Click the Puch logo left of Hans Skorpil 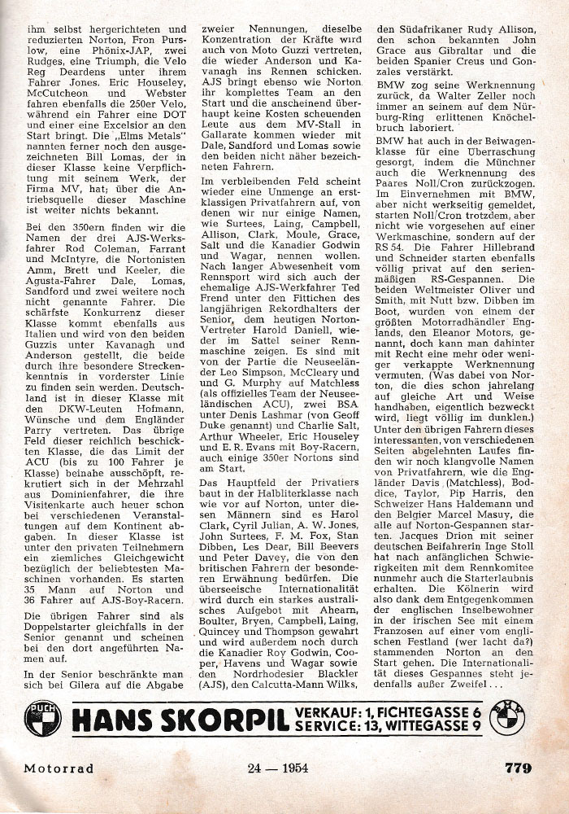point(43,718)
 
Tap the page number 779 point(518,768)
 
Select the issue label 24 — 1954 point(277,768)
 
